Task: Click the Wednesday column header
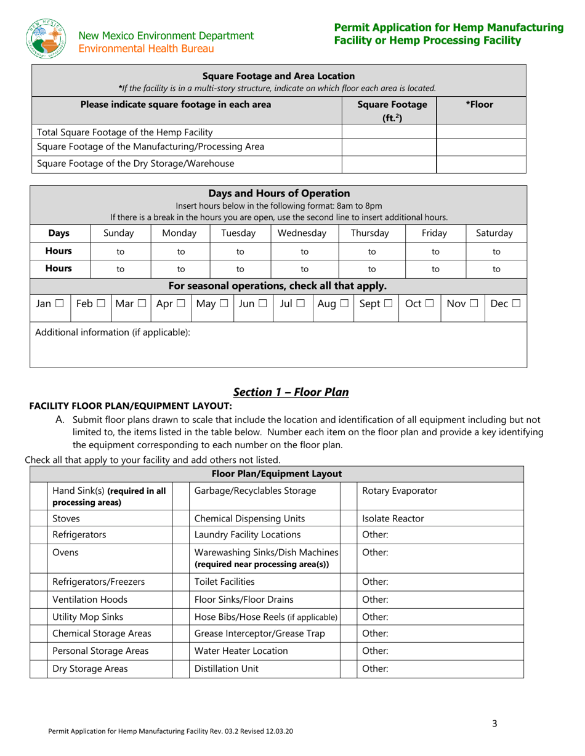tap(302, 233)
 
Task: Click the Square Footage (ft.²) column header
tap(389, 111)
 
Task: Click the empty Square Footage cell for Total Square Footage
tap(389, 132)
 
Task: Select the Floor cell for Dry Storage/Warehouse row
tap(481, 164)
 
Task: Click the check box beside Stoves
tap(38, 518)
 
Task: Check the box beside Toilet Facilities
tap(181, 582)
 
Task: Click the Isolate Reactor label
tap(393, 518)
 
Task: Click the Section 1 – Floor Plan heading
tap(291, 392)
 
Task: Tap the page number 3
tap(494, 723)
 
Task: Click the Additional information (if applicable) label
tap(113, 332)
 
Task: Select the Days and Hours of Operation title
tap(279, 193)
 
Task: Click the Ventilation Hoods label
tap(91, 599)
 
